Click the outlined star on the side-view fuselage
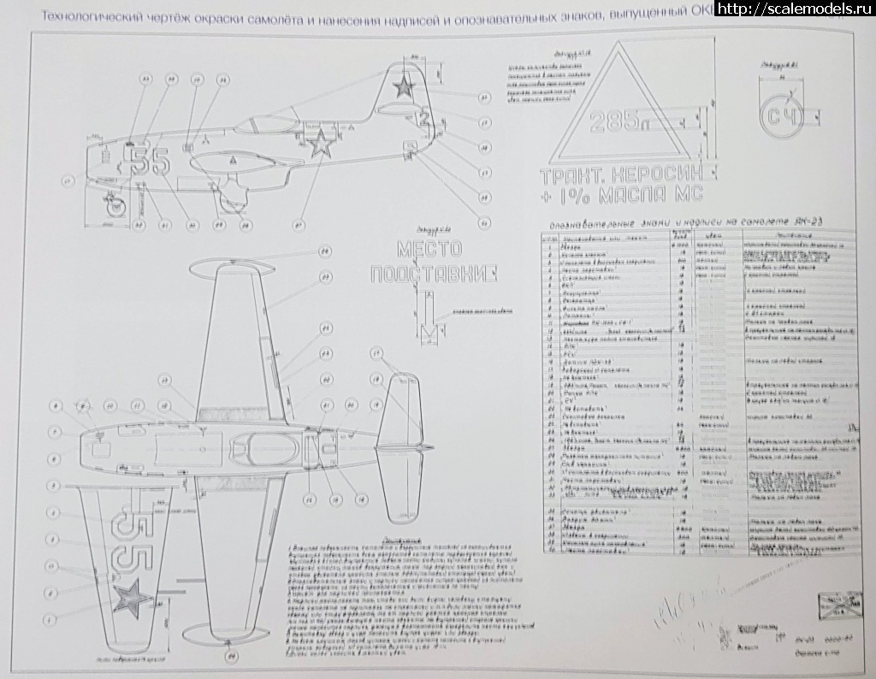[x=320, y=145]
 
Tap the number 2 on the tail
[x=423, y=119]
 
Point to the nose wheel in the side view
[x=113, y=205]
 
